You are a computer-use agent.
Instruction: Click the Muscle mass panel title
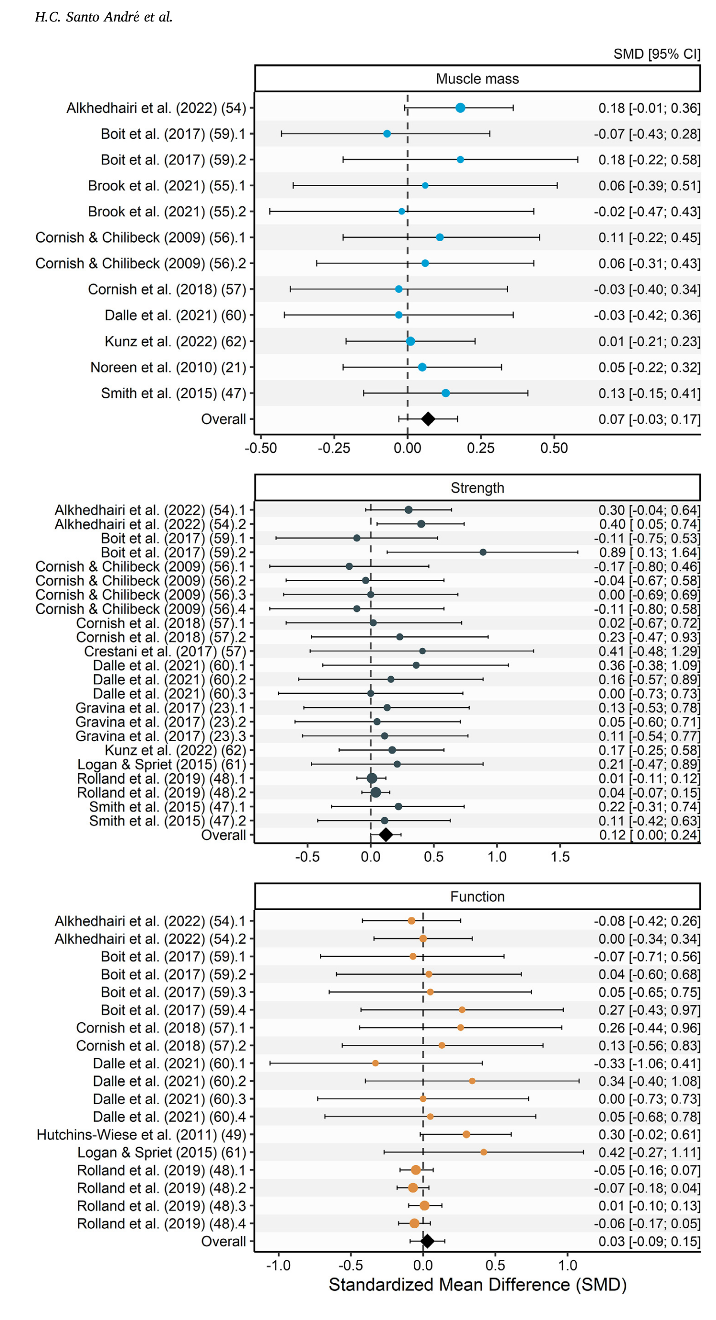pos(477,79)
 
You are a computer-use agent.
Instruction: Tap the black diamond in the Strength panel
pos(386,835)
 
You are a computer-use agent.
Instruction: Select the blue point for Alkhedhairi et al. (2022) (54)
pos(460,107)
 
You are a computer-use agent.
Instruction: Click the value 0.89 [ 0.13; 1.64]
pos(649,553)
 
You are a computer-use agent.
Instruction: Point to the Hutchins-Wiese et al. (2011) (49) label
pos(141,1135)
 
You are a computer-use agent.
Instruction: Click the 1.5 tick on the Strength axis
pos(560,857)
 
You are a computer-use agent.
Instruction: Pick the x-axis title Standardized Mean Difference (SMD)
pos(477,1285)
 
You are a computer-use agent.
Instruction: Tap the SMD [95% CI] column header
pos(656,54)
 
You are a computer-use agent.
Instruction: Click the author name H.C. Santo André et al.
pos(104,17)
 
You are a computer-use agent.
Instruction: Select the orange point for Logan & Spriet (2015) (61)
pos(484,1152)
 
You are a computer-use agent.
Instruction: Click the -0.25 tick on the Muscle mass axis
pos(334,448)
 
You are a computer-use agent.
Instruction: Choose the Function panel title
pos(477,896)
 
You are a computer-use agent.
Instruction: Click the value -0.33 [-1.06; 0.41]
pos(647,1063)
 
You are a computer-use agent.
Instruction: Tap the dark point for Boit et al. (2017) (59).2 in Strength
pos(483,553)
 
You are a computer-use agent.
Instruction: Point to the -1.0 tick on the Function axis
pos(278,1265)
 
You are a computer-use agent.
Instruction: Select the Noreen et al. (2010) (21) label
pos(168,367)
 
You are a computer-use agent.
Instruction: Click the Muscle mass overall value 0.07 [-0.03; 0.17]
pos(649,419)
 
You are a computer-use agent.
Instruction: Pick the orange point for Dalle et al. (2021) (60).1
pos(375,1063)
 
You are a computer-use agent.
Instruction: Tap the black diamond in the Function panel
pos(427,1241)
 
